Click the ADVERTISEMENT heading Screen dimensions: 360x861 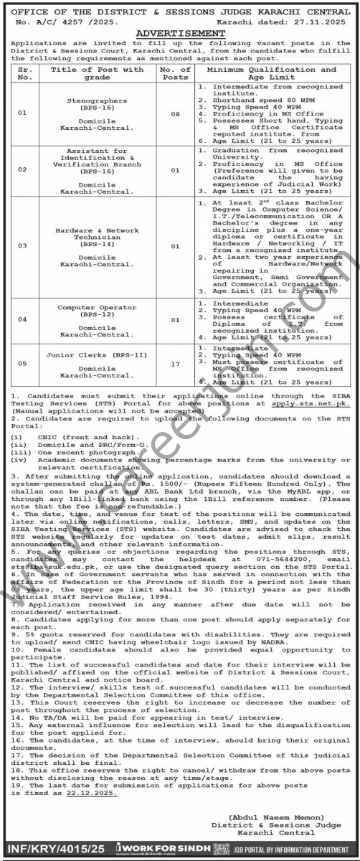[x=180, y=33]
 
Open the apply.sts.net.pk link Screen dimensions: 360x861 [x=313, y=402]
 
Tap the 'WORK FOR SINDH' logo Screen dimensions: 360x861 [x=177, y=849]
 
